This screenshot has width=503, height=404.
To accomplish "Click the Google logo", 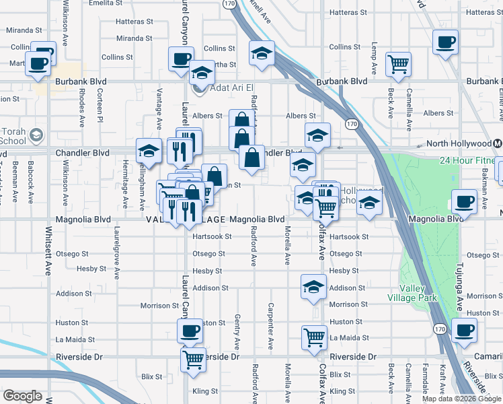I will click(x=22, y=395).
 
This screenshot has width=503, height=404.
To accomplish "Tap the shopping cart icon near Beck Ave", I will click(x=399, y=65).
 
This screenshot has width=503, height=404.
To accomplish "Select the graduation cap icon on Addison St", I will click(x=313, y=286).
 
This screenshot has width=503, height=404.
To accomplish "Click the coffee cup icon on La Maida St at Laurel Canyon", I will click(x=190, y=331).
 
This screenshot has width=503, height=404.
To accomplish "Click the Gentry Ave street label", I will click(x=237, y=331).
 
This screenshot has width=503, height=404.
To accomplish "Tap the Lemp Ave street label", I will click(x=373, y=59).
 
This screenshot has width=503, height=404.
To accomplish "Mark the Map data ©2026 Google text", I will click(x=461, y=399).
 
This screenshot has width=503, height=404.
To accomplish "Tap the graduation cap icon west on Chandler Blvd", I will click(x=148, y=150).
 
